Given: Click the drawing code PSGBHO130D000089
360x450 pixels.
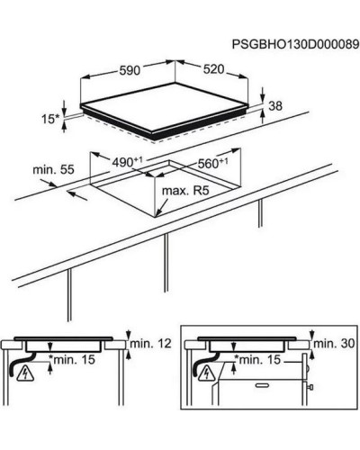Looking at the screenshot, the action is [296, 44].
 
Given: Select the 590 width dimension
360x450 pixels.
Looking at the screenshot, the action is [130, 70].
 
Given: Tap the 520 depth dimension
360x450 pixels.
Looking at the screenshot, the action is [213, 69].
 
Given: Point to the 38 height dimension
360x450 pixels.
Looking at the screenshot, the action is [275, 106].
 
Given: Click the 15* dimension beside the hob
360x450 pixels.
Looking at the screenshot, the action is [50, 119].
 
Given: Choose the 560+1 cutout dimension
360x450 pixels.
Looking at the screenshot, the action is [212, 163].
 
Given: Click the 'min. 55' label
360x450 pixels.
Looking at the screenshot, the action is [53, 169].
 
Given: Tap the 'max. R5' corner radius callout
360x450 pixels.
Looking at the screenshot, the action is [185, 191].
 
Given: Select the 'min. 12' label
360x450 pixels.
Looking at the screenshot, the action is [150, 343].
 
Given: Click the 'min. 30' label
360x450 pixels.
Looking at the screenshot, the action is [334, 343].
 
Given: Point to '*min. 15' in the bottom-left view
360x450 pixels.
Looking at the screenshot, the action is [72, 359].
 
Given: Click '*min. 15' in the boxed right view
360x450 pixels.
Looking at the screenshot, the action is [257, 359].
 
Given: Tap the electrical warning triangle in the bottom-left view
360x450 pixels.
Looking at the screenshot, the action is [25, 373].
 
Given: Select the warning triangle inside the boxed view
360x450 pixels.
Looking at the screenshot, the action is [207, 373].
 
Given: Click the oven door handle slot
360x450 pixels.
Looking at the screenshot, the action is [262, 385].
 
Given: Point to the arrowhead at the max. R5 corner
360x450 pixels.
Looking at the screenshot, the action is [157, 213].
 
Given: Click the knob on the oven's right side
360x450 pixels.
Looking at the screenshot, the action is [311, 387].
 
